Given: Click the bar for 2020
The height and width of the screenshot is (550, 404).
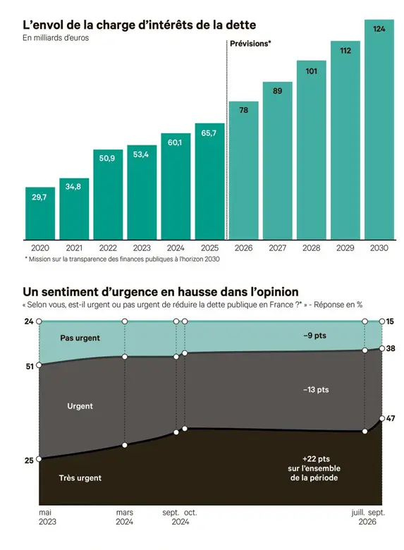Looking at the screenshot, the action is point(40,213).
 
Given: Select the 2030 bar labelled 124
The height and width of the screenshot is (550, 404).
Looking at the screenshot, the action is point(379,130).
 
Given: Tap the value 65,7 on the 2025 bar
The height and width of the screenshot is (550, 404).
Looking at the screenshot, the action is point(209,133).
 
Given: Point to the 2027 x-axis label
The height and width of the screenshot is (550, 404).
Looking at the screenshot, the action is point(277,248).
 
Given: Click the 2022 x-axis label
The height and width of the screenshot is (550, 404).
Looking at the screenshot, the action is point(108,248).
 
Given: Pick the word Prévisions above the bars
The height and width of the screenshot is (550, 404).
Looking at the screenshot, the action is point(249,44).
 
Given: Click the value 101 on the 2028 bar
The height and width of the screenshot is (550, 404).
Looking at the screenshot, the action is point(312,71).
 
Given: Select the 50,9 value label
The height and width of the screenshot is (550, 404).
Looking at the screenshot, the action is point(107,158).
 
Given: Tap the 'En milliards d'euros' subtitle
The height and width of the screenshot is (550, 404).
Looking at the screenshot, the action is point(56,38).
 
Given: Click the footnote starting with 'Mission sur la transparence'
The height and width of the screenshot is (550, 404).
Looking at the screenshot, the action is point(122,259).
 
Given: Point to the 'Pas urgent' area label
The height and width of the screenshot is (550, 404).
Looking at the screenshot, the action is point(80,338).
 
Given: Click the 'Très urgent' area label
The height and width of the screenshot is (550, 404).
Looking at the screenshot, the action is point(80,478).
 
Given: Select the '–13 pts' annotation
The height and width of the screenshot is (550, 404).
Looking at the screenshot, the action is point(316,390).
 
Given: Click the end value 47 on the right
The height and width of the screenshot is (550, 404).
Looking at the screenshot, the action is point(391,418).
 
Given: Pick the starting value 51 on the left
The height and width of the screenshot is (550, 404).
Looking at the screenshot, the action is point(30,367).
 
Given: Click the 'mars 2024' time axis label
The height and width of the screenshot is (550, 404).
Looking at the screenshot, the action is point(125,517).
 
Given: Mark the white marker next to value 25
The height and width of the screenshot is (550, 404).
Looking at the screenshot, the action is point(39,459).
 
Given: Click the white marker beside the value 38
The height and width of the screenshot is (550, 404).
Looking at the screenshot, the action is point(382,348).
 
